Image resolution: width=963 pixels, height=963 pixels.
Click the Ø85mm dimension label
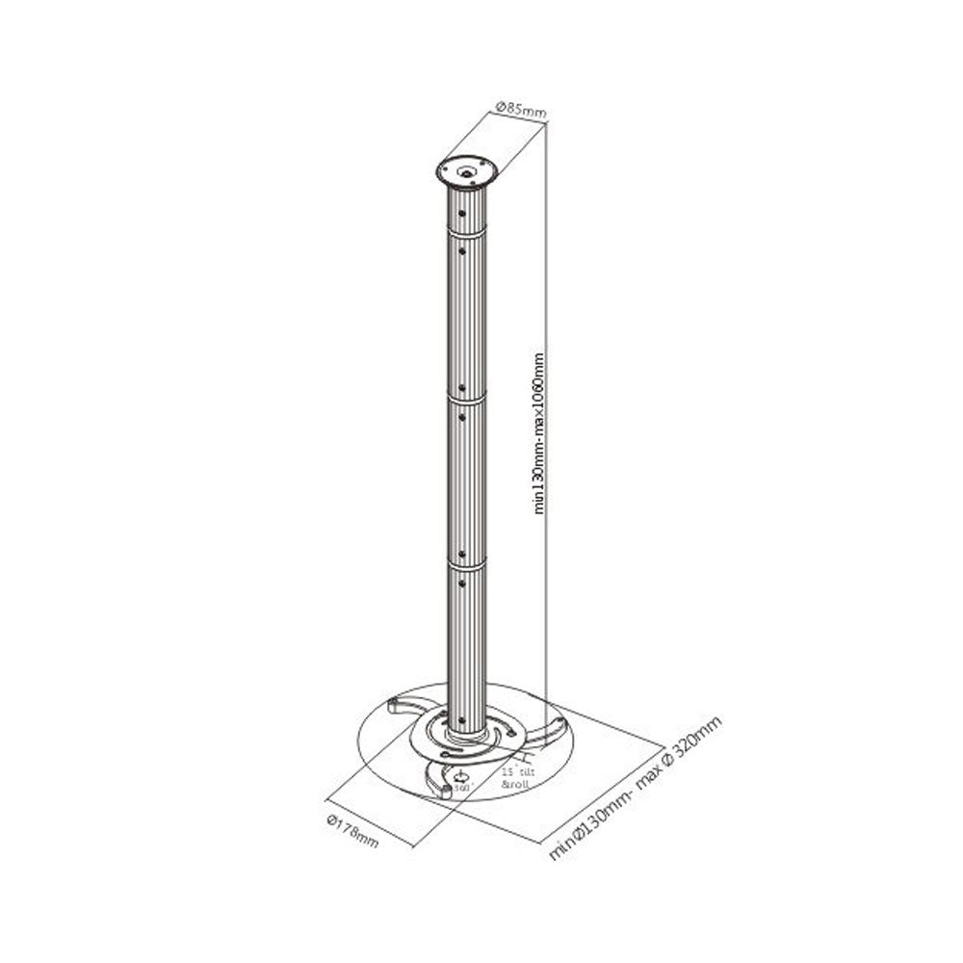(x=520, y=110)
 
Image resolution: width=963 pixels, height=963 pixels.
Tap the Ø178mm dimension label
(x=352, y=830)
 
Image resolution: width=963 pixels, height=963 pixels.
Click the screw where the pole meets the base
(x=461, y=721)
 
